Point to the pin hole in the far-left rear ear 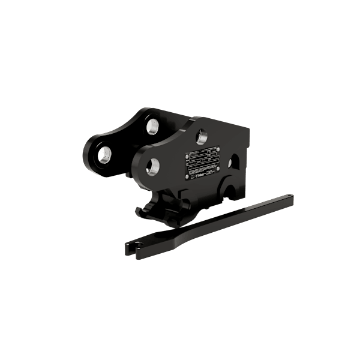click(x=104, y=154)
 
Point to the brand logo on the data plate click(x=197, y=176)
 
